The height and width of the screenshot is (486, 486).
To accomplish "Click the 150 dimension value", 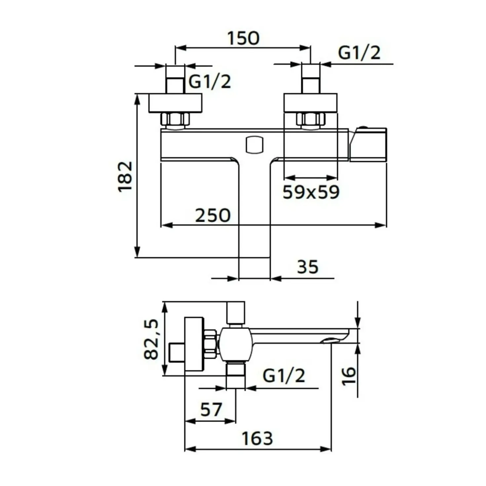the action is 243,39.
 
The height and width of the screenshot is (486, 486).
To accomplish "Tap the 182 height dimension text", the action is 126,177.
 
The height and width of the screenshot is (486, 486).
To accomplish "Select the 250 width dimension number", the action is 213,215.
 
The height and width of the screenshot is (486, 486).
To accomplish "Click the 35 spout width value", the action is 308,267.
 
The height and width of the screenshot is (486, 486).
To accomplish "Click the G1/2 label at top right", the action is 359,53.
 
